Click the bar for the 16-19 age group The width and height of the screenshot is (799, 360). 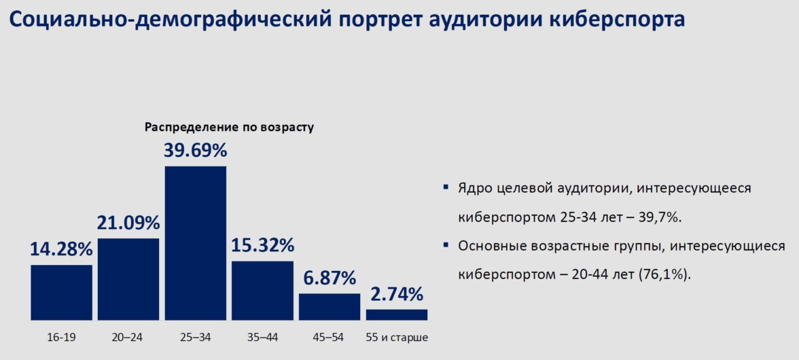click(61, 292)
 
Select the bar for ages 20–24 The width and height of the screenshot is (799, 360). click(128, 279)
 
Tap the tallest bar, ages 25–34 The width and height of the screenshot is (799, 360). click(196, 243)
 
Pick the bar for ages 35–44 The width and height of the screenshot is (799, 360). click(263, 290)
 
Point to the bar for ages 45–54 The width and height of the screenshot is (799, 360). click(330, 306)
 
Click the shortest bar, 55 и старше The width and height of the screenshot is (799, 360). click(397, 314)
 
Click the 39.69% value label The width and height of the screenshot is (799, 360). click(196, 151)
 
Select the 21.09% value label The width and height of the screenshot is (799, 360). click(128, 223)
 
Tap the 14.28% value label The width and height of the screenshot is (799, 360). click(61, 250)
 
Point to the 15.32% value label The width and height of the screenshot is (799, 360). click(263, 246)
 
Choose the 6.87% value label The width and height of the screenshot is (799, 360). click(330, 278)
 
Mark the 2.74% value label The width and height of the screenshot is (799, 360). click(397, 295)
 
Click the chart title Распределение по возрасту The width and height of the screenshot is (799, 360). click(229, 127)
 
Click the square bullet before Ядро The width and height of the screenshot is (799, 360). click(446, 187)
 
